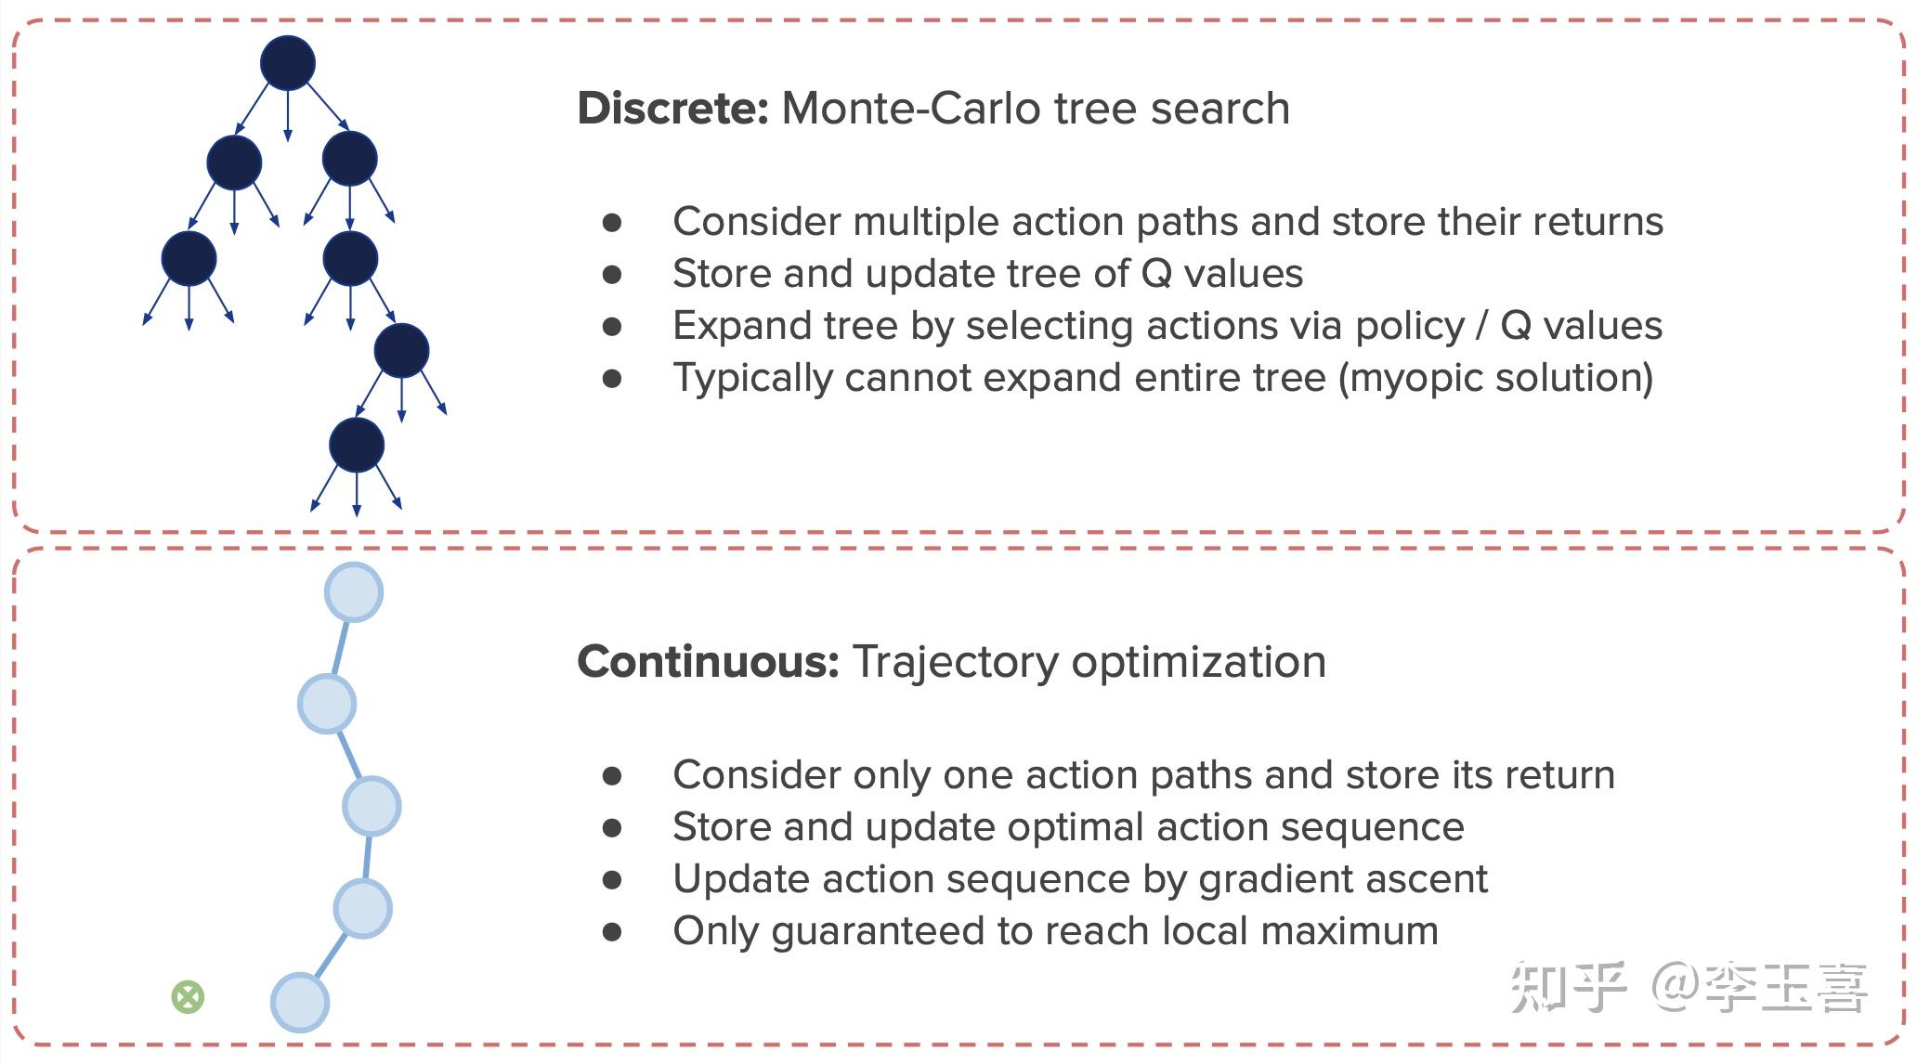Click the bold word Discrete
point(672,109)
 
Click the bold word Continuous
point(708,662)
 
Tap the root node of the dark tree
point(288,63)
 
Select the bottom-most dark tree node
point(357,445)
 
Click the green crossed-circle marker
point(188,997)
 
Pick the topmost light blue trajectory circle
point(354,592)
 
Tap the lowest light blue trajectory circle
point(300,1003)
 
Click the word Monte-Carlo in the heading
point(923,109)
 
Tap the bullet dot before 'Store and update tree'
point(612,274)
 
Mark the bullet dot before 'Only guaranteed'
point(612,931)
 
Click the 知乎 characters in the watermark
point(1569,988)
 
